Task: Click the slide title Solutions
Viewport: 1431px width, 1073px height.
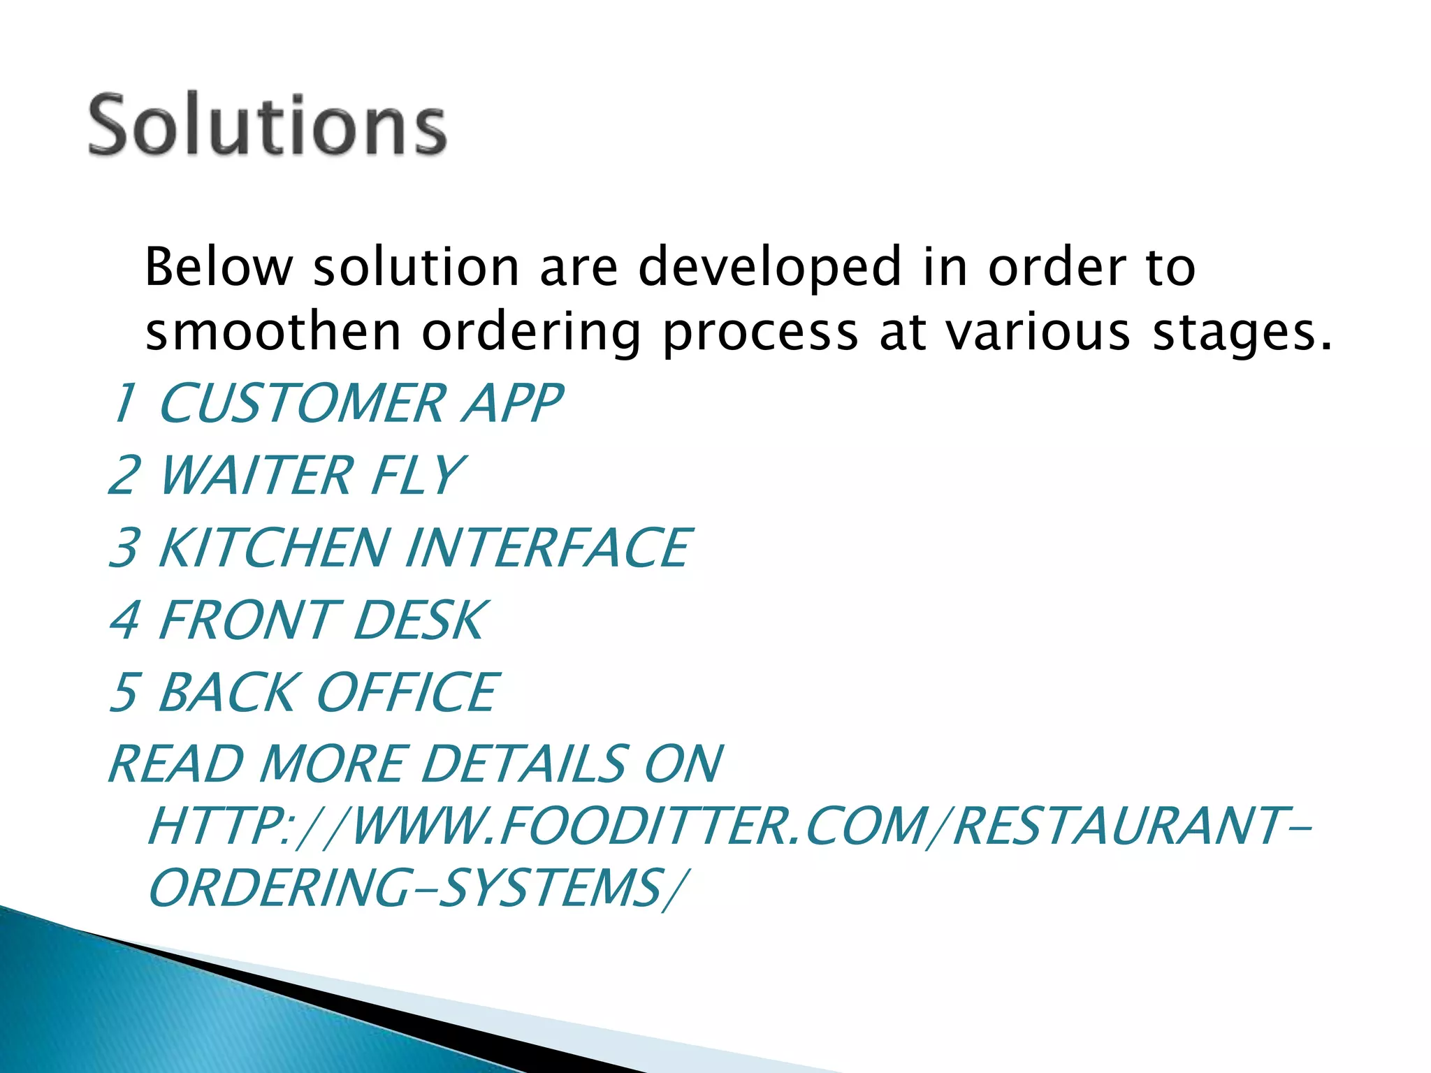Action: (x=267, y=126)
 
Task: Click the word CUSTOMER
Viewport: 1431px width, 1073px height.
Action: (x=302, y=404)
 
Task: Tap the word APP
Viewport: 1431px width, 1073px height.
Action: (x=512, y=404)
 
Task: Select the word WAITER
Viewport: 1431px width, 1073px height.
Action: (x=256, y=476)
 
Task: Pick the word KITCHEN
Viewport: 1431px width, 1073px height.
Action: (x=273, y=548)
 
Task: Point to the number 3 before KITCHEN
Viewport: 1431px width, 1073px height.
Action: (x=126, y=548)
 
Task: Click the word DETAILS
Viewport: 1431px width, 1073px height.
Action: (x=524, y=764)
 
